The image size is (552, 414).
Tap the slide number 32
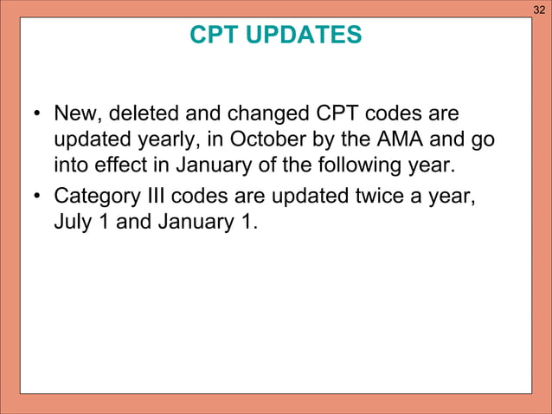[x=539, y=10]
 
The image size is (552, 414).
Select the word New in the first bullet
[x=75, y=113]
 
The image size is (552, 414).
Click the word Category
[x=93, y=196]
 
